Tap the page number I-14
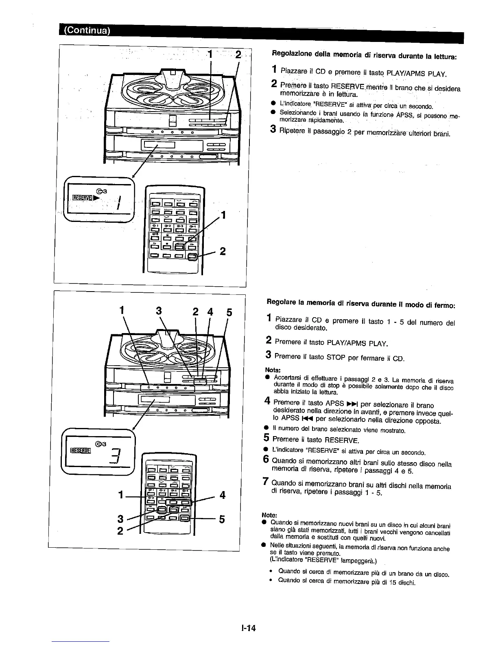[247, 627]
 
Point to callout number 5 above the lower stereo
[229, 313]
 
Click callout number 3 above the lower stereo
[159, 311]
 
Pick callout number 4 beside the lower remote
[222, 495]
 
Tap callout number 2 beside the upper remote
[223, 251]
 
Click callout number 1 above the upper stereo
[210, 55]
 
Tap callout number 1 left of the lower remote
[121, 495]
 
